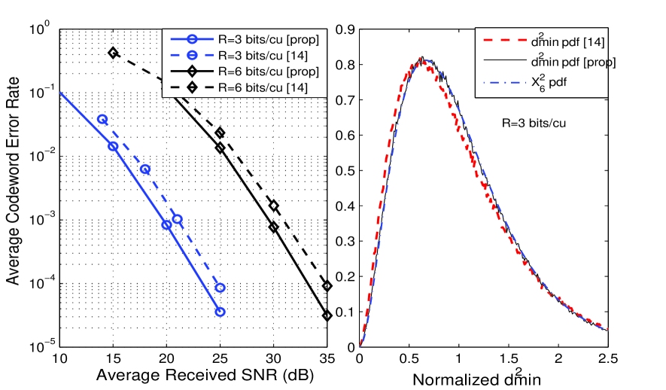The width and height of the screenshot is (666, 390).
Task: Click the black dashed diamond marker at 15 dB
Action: coord(113,53)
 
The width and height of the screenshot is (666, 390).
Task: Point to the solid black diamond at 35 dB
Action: coord(327,315)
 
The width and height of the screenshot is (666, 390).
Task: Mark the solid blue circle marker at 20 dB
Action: coord(166,224)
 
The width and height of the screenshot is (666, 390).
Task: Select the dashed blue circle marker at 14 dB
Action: coord(102,119)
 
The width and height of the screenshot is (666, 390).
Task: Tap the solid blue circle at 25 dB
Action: coord(220,312)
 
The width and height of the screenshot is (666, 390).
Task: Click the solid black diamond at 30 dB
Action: coord(274,227)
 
